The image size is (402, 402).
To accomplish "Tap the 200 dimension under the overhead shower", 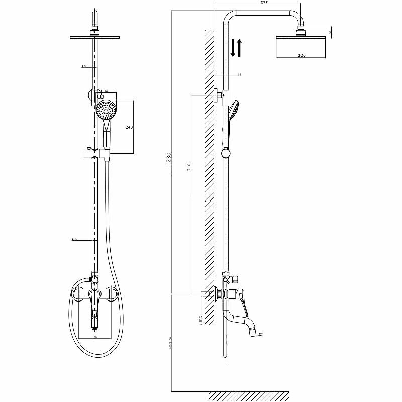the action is pos(301,55).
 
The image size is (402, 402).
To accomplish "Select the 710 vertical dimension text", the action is pos(189,167).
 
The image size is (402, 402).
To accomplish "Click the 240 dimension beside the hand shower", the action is pos(130,127).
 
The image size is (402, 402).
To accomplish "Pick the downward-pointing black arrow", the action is pos(233,48).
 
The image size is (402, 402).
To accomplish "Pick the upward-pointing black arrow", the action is pos(240,48).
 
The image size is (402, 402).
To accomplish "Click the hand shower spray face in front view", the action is pos(106,109).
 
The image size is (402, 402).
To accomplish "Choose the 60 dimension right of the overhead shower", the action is pos(330,32).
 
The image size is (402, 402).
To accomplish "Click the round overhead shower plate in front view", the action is pos(94,37).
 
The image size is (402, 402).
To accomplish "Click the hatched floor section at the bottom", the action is pos(249,396).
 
